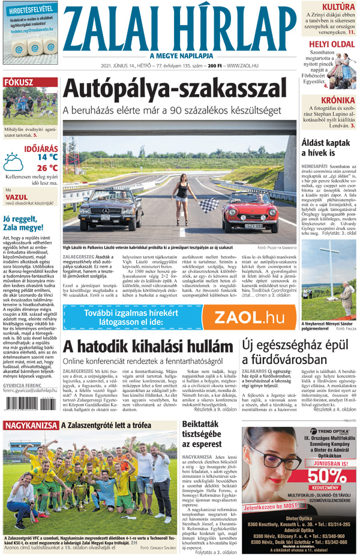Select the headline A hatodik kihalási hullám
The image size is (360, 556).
[x=148, y=346]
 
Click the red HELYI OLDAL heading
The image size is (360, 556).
[x=331, y=44]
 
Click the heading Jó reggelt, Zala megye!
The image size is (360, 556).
[x=27, y=223]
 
